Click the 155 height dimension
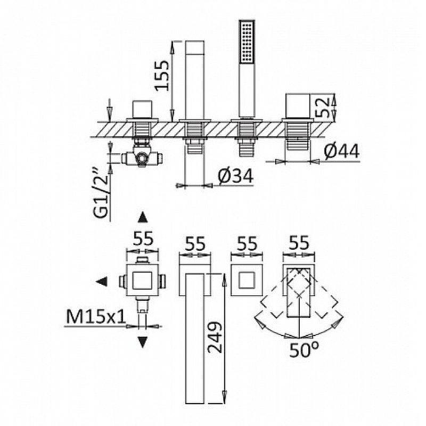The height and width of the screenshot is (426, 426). (161, 76)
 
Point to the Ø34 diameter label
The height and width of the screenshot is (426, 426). (235, 176)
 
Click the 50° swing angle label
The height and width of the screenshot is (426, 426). (304, 350)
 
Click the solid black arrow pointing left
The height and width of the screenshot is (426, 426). (102, 282)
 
